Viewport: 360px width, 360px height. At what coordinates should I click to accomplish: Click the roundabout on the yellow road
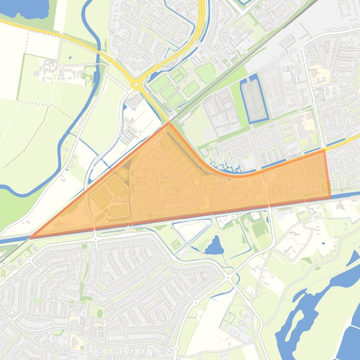coord(136,85)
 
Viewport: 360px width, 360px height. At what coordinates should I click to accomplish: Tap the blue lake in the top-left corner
coord(26,7)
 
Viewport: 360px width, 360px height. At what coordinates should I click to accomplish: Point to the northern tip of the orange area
coord(169,123)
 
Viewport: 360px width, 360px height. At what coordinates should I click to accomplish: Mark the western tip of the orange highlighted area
coord(30,238)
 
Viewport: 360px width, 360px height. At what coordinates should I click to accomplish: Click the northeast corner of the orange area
coord(324,151)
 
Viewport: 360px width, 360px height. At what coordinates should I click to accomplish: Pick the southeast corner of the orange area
coord(330,197)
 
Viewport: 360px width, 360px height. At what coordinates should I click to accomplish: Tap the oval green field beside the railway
coord(205,73)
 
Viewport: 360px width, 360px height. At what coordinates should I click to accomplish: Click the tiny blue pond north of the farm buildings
coord(70,58)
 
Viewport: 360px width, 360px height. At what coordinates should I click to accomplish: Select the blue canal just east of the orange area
coord(346,194)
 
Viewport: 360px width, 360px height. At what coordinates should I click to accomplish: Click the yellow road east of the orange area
coord(344,143)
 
